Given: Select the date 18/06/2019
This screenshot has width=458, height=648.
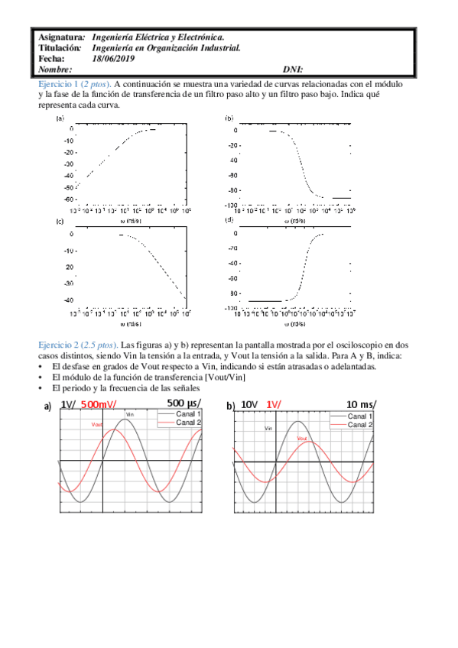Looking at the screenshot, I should (x=112, y=58).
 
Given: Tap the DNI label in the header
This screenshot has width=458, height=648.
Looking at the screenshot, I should (x=293, y=69).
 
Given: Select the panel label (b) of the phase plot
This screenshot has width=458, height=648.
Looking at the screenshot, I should (x=229, y=119).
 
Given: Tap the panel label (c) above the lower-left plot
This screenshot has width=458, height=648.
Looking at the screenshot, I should (x=60, y=221).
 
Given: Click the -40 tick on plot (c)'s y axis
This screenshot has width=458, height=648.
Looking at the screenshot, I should (x=68, y=300).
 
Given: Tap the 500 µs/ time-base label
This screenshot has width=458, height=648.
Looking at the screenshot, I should (x=183, y=403).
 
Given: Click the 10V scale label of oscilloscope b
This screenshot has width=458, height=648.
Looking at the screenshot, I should (x=249, y=404).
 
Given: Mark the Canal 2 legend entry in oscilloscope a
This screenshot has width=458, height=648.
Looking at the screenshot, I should (x=188, y=423).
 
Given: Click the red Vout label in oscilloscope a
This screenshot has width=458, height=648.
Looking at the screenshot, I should (x=98, y=425).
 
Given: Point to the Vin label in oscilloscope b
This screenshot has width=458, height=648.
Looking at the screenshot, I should (x=268, y=429).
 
